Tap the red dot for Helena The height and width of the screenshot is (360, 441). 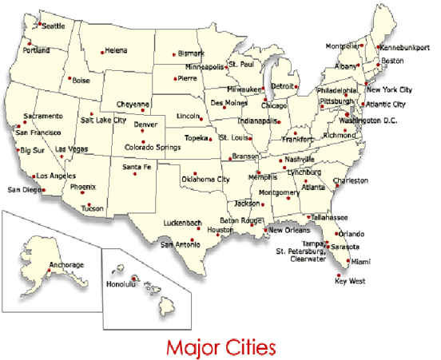tap(101, 53)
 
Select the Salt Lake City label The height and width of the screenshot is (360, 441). tap(103, 120)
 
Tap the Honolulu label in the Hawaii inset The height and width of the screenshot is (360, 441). tap(122, 284)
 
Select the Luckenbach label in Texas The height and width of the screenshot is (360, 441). tap(183, 222)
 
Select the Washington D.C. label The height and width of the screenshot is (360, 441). tap(367, 121)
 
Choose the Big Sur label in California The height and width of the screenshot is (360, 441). tap(33, 150)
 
